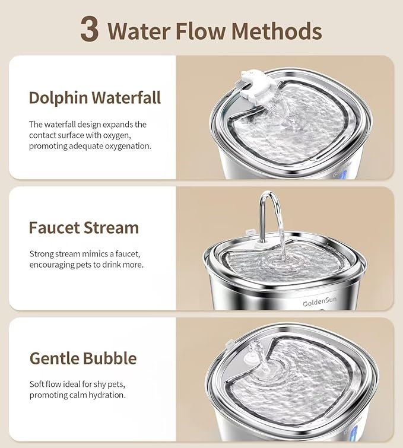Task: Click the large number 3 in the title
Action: pos(89,30)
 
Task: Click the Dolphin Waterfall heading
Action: pos(95,97)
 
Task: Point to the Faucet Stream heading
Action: pos(84,228)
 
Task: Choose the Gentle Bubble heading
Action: pos(83,358)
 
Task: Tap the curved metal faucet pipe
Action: pos(270,205)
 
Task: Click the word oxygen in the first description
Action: pos(130,135)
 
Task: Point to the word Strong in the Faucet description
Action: pos(42,254)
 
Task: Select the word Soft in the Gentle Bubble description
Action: pos(38,385)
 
